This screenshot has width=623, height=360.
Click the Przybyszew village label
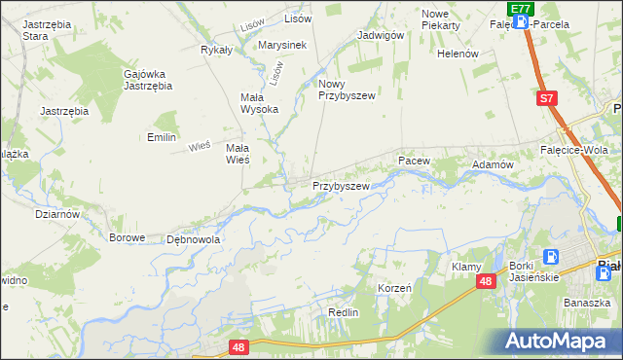click(340, 185)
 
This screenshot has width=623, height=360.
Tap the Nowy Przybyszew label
click(347, 90)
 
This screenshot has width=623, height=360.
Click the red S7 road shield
click(548, 98)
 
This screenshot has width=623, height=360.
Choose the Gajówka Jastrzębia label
click(148, 79)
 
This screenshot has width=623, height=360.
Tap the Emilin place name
click(161, 137)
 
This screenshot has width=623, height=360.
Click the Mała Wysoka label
click(260, 103)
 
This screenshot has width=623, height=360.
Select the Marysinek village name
click(282, 45)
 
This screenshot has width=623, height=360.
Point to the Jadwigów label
click(381, 35)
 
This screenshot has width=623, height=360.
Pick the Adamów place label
click(492, 165)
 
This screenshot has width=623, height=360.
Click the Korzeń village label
click(394, 289)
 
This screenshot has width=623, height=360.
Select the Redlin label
click(344, 312)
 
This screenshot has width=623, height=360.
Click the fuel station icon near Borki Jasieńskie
click(551, 258)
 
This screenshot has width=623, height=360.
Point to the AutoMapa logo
click(560, 341)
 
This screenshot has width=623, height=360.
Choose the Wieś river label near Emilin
click(200, 146)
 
